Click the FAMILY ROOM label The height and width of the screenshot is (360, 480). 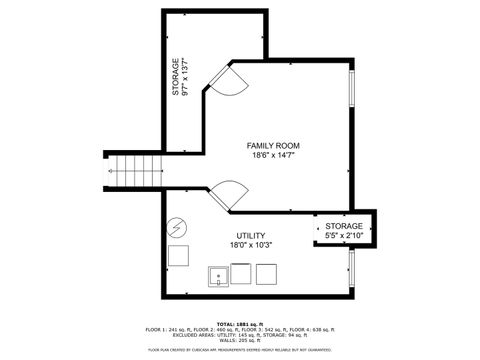(273, 146)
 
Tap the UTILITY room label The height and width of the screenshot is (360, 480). (223, 235)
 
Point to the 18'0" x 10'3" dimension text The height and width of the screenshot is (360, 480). (223, 245)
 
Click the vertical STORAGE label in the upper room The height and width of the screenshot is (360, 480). (175, 78)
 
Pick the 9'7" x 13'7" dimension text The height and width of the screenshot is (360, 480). (186, 78)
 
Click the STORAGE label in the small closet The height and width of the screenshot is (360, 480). (343, 227)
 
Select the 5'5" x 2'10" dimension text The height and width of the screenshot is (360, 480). (343, 237)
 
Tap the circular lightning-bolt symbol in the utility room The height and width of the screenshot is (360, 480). (177, 227)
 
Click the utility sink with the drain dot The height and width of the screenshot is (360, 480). (217, 275)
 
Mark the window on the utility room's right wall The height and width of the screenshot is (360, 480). (351, 267)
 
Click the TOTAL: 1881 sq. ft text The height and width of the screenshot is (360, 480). (239, 324)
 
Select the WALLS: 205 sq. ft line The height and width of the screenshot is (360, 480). (239, 341)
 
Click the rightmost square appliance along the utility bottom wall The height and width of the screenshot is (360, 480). (266, 274)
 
